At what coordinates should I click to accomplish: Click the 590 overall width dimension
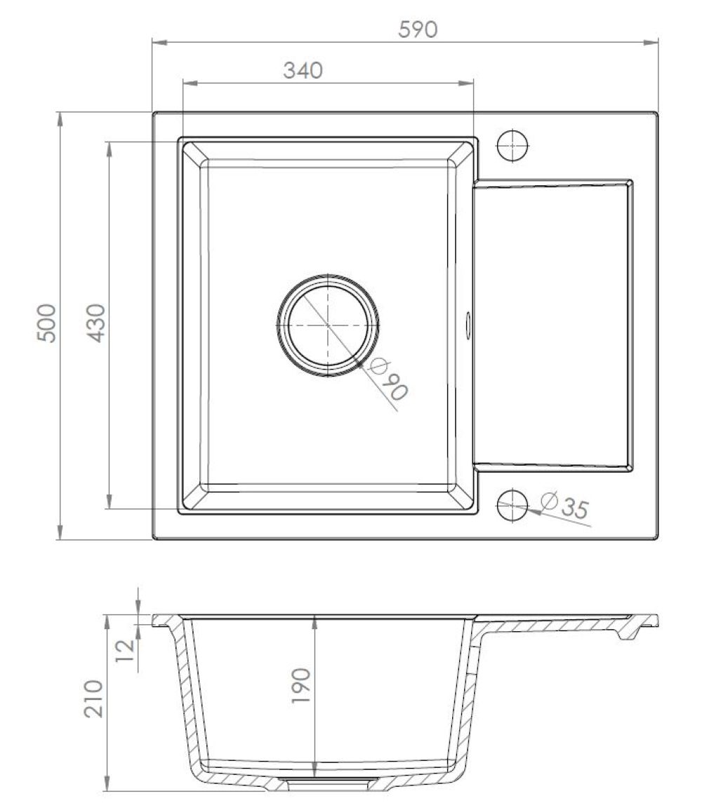[418, 29]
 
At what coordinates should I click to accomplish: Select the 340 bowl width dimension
[303, 70]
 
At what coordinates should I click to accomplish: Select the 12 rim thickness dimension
[125, 650]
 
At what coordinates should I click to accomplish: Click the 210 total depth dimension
[93, 699]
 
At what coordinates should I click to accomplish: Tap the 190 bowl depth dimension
[301, 686]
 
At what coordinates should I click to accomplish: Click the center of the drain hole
[328, 325]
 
